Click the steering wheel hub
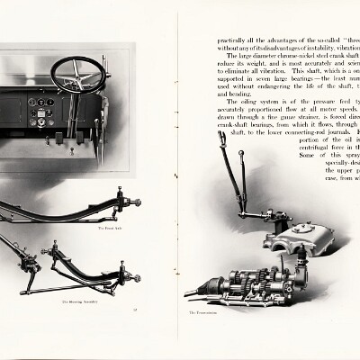click(x=78, y=75)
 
